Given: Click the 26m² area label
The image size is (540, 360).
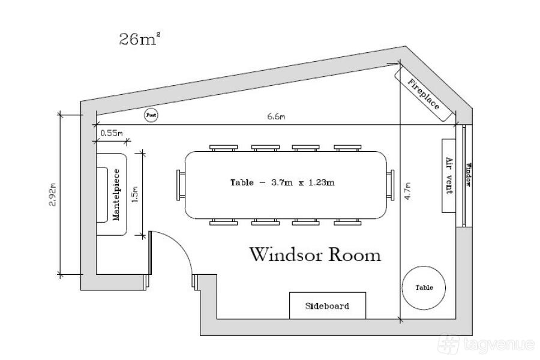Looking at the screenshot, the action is pos(140,38).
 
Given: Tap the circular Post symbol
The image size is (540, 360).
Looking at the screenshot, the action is pos(151,115).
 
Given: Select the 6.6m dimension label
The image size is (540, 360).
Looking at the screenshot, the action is pos(276,116).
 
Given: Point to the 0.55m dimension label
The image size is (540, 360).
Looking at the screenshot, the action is pos(112,133).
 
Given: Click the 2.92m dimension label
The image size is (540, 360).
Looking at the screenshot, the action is pos(53,194).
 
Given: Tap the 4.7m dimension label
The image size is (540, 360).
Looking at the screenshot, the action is pos(408,191).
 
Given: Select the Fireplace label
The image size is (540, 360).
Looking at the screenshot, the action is pos(423,94).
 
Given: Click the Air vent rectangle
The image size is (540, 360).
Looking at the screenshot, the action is pos(449,176).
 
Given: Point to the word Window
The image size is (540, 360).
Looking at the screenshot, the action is pos(468,175).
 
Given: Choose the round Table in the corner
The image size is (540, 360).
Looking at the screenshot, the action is pos(424,287).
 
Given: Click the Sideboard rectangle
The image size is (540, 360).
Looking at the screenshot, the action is pos(328,305).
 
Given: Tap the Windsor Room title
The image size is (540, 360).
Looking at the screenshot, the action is pos(315,254).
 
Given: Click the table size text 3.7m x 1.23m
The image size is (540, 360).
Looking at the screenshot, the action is pos(303,182).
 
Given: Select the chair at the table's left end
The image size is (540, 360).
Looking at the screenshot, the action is pos(181,185).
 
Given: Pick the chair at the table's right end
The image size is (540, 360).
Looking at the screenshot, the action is pos(390,185).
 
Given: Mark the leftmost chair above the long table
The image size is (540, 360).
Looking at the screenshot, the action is pos(224,148).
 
